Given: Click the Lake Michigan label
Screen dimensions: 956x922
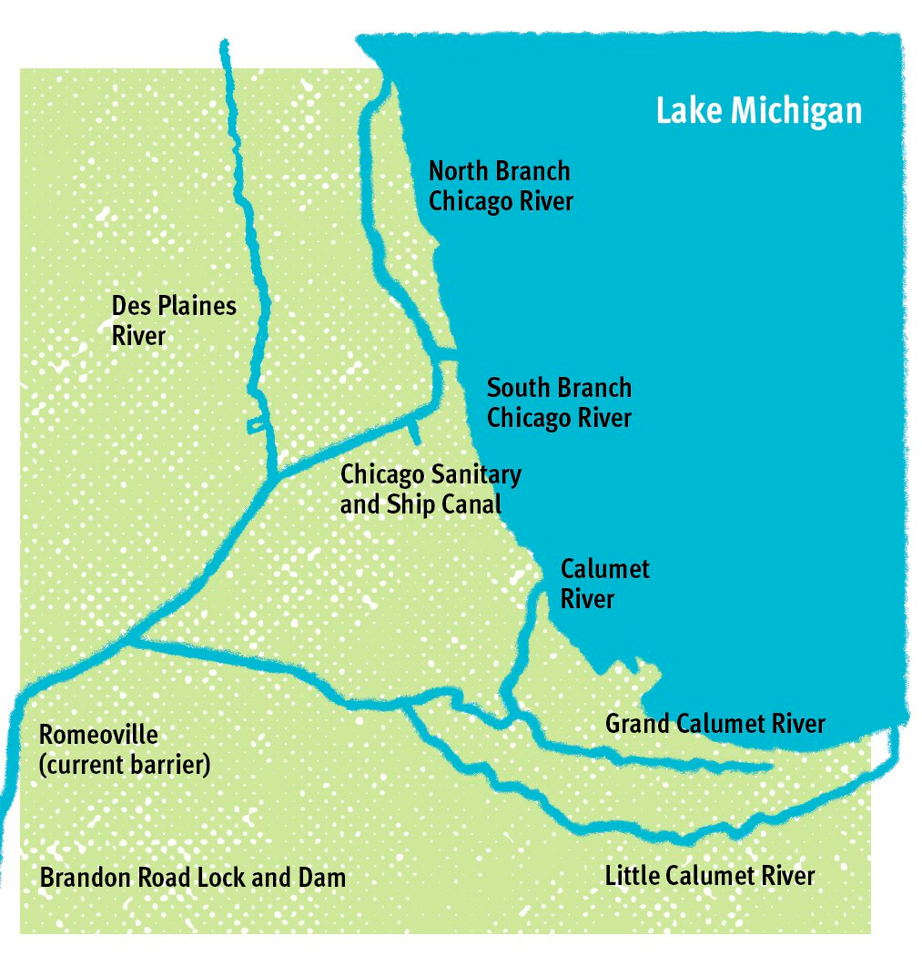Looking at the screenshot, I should pos(758,111).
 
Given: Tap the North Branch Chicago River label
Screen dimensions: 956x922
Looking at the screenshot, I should pos(501,185).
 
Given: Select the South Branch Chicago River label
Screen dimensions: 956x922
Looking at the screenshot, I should pos(559,402).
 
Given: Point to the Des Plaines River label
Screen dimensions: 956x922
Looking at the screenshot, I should pos(173,320).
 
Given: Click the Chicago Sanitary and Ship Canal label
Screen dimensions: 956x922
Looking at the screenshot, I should pos(430,489).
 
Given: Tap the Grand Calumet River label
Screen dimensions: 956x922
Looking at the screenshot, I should pos(714,724).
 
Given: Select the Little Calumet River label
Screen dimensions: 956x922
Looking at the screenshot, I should pos(709,876).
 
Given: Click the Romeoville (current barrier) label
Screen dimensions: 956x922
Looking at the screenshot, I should pos(125,749).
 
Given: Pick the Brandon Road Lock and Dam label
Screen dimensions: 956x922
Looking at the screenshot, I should pos(193,878).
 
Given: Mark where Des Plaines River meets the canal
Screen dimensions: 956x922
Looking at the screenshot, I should pos(276,476).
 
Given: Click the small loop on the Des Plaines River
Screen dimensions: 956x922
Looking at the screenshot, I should pos(258,424).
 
